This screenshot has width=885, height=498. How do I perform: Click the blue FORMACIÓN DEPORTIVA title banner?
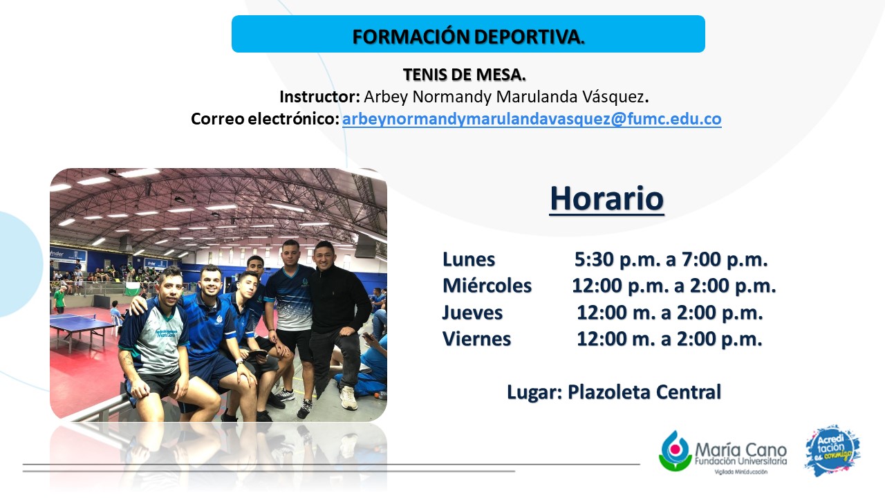pos(468,34)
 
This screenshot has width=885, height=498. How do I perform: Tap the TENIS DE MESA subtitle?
pos(464,75)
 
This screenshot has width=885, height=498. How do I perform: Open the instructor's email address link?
pos(532,119)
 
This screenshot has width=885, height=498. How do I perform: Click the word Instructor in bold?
pos(319,97)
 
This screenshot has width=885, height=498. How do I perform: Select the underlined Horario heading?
pos(606,199)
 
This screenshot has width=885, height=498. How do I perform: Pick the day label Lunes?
pos(469,259)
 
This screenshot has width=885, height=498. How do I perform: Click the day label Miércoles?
pos(487,286)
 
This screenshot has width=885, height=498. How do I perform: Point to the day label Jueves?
pos(472,313)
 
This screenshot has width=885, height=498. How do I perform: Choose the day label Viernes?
pos(476,339)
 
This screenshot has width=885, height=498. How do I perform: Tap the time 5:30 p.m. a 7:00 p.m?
pos(671,259)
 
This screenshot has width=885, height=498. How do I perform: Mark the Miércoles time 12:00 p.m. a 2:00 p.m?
pos(674,286)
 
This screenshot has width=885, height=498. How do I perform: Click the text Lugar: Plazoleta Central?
pos(614,392)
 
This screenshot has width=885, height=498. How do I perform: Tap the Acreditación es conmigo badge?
pos(832,450)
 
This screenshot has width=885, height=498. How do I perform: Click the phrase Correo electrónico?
pos(265,119)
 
